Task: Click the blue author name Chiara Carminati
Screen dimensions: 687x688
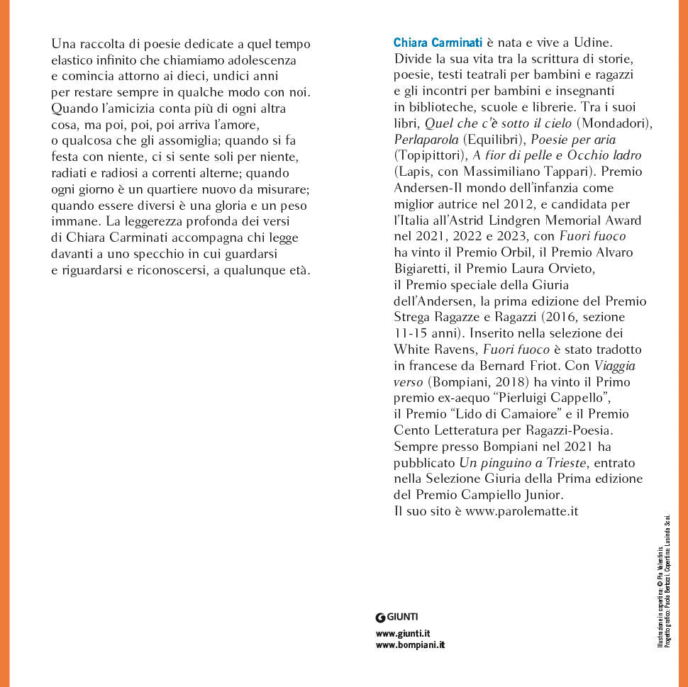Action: click(438, 43)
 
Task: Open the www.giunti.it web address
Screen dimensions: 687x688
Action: click(404, 632)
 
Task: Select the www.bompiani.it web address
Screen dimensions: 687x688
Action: click(410, 644)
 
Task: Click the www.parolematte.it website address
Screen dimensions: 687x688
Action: click(521, 511)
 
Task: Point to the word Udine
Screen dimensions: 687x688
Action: click(591, 43)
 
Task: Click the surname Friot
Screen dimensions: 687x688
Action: click(576, 366)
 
